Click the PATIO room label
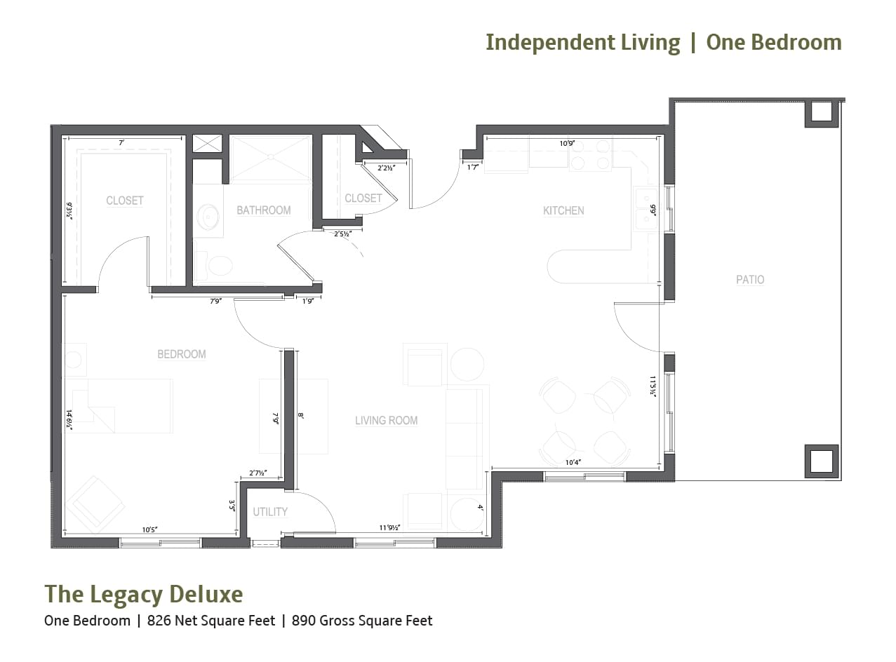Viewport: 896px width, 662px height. [x=749, y=280]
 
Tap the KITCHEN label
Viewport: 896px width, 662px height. [x=563, y=210]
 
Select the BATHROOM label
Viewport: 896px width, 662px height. [x=263, y=210]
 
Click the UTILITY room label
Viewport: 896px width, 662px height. [x=270, y=512]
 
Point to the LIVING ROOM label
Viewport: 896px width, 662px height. [x=386, y=421]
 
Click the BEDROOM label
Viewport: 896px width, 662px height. [x=181, y=354]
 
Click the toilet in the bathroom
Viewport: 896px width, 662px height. [x=218, y=266]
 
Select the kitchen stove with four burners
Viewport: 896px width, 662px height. [x=590, y=155]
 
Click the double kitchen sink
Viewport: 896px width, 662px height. [x=645, y=209]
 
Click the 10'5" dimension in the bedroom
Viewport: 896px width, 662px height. [x=148, y=529]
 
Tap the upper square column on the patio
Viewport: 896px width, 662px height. [x=821, y=112]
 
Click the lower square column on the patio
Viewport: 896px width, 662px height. [x=821, y=461]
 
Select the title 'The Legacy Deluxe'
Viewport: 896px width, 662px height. [x=144, y=594]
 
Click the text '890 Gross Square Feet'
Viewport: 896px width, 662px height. [x=362, y=621]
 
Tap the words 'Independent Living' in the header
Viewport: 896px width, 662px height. [x=582, y=42]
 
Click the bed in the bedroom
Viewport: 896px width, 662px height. [x=118, y=405]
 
